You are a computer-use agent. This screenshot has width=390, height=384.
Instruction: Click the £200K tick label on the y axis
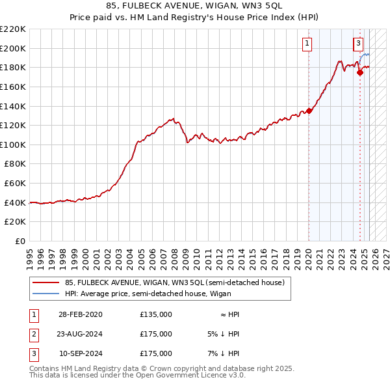click(x=14, y=48)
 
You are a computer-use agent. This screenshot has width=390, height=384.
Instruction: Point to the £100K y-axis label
click(x=14, y=144)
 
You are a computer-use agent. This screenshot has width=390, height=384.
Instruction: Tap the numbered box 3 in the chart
click(x=358, y=44)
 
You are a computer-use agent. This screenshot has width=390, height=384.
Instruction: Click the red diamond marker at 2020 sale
click(x=309, y=111)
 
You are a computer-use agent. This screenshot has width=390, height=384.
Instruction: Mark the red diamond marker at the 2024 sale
click(x=361, y=72)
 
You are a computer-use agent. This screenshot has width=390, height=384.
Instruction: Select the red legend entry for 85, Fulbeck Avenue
click(x=174, y=283)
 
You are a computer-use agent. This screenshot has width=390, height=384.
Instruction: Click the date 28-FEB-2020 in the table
click(x=80, y=314)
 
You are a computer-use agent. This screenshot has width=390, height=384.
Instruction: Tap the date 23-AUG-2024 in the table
click(x=80, y=334)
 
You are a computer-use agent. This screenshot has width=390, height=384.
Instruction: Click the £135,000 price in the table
click(x=156, y=314)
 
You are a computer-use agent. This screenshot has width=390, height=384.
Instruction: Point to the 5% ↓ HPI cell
click(x=225, y=334)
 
